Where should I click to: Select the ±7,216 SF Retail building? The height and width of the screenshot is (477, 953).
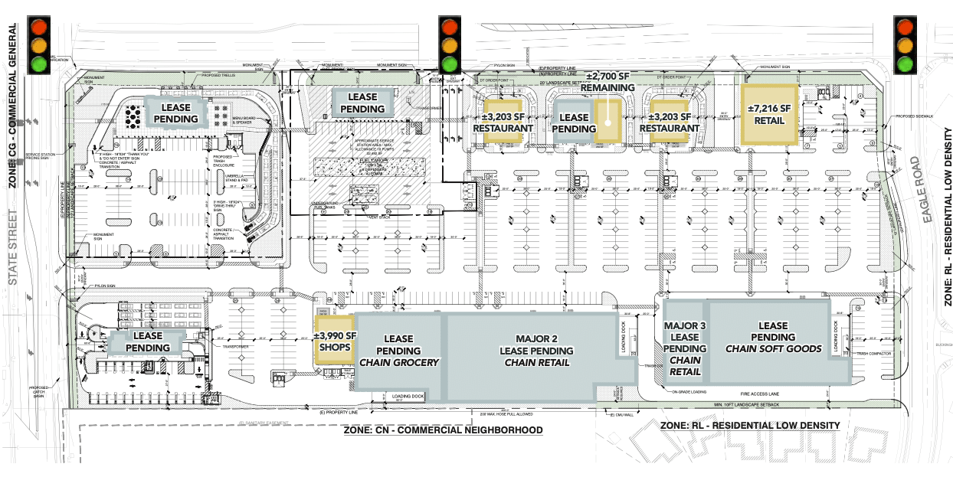[768, 114]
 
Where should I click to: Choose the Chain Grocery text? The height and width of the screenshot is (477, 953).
[399, 362]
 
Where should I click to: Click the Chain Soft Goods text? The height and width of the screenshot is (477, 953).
[773, 348]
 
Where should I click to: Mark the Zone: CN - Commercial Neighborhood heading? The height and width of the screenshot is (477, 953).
[444, 430]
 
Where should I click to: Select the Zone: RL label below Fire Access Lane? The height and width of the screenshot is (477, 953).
[750, 425]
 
